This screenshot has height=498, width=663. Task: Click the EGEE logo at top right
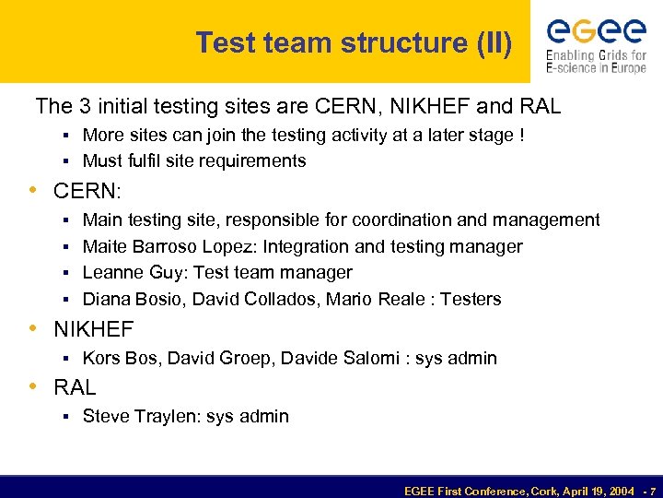click(597, 42)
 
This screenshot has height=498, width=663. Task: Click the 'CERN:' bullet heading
click(87, 192)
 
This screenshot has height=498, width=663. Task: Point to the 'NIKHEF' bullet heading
click(93, 329)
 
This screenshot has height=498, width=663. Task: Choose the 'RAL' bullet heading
click(75, 387)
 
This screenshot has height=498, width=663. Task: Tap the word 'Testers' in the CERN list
click(471, 299)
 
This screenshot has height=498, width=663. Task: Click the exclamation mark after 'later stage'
click(522, 135)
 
